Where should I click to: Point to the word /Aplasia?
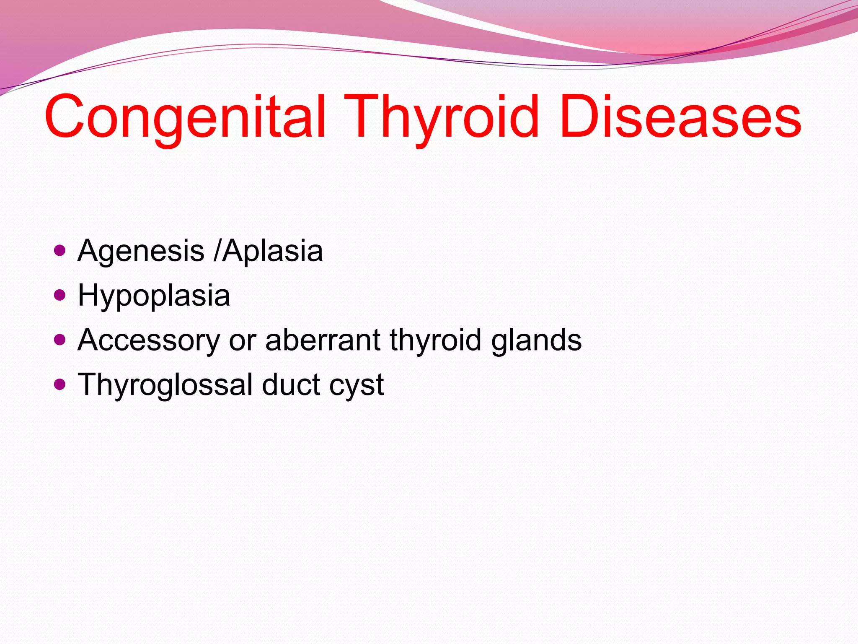(268, 251)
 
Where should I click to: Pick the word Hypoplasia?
(154, 296)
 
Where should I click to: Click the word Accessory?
(149, 340)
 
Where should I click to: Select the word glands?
(536, 340)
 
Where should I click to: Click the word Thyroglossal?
(165, 384)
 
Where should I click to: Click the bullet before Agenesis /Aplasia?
(60, 251)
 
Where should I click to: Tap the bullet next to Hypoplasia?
(60, 295)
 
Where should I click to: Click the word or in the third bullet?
(243, 340)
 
